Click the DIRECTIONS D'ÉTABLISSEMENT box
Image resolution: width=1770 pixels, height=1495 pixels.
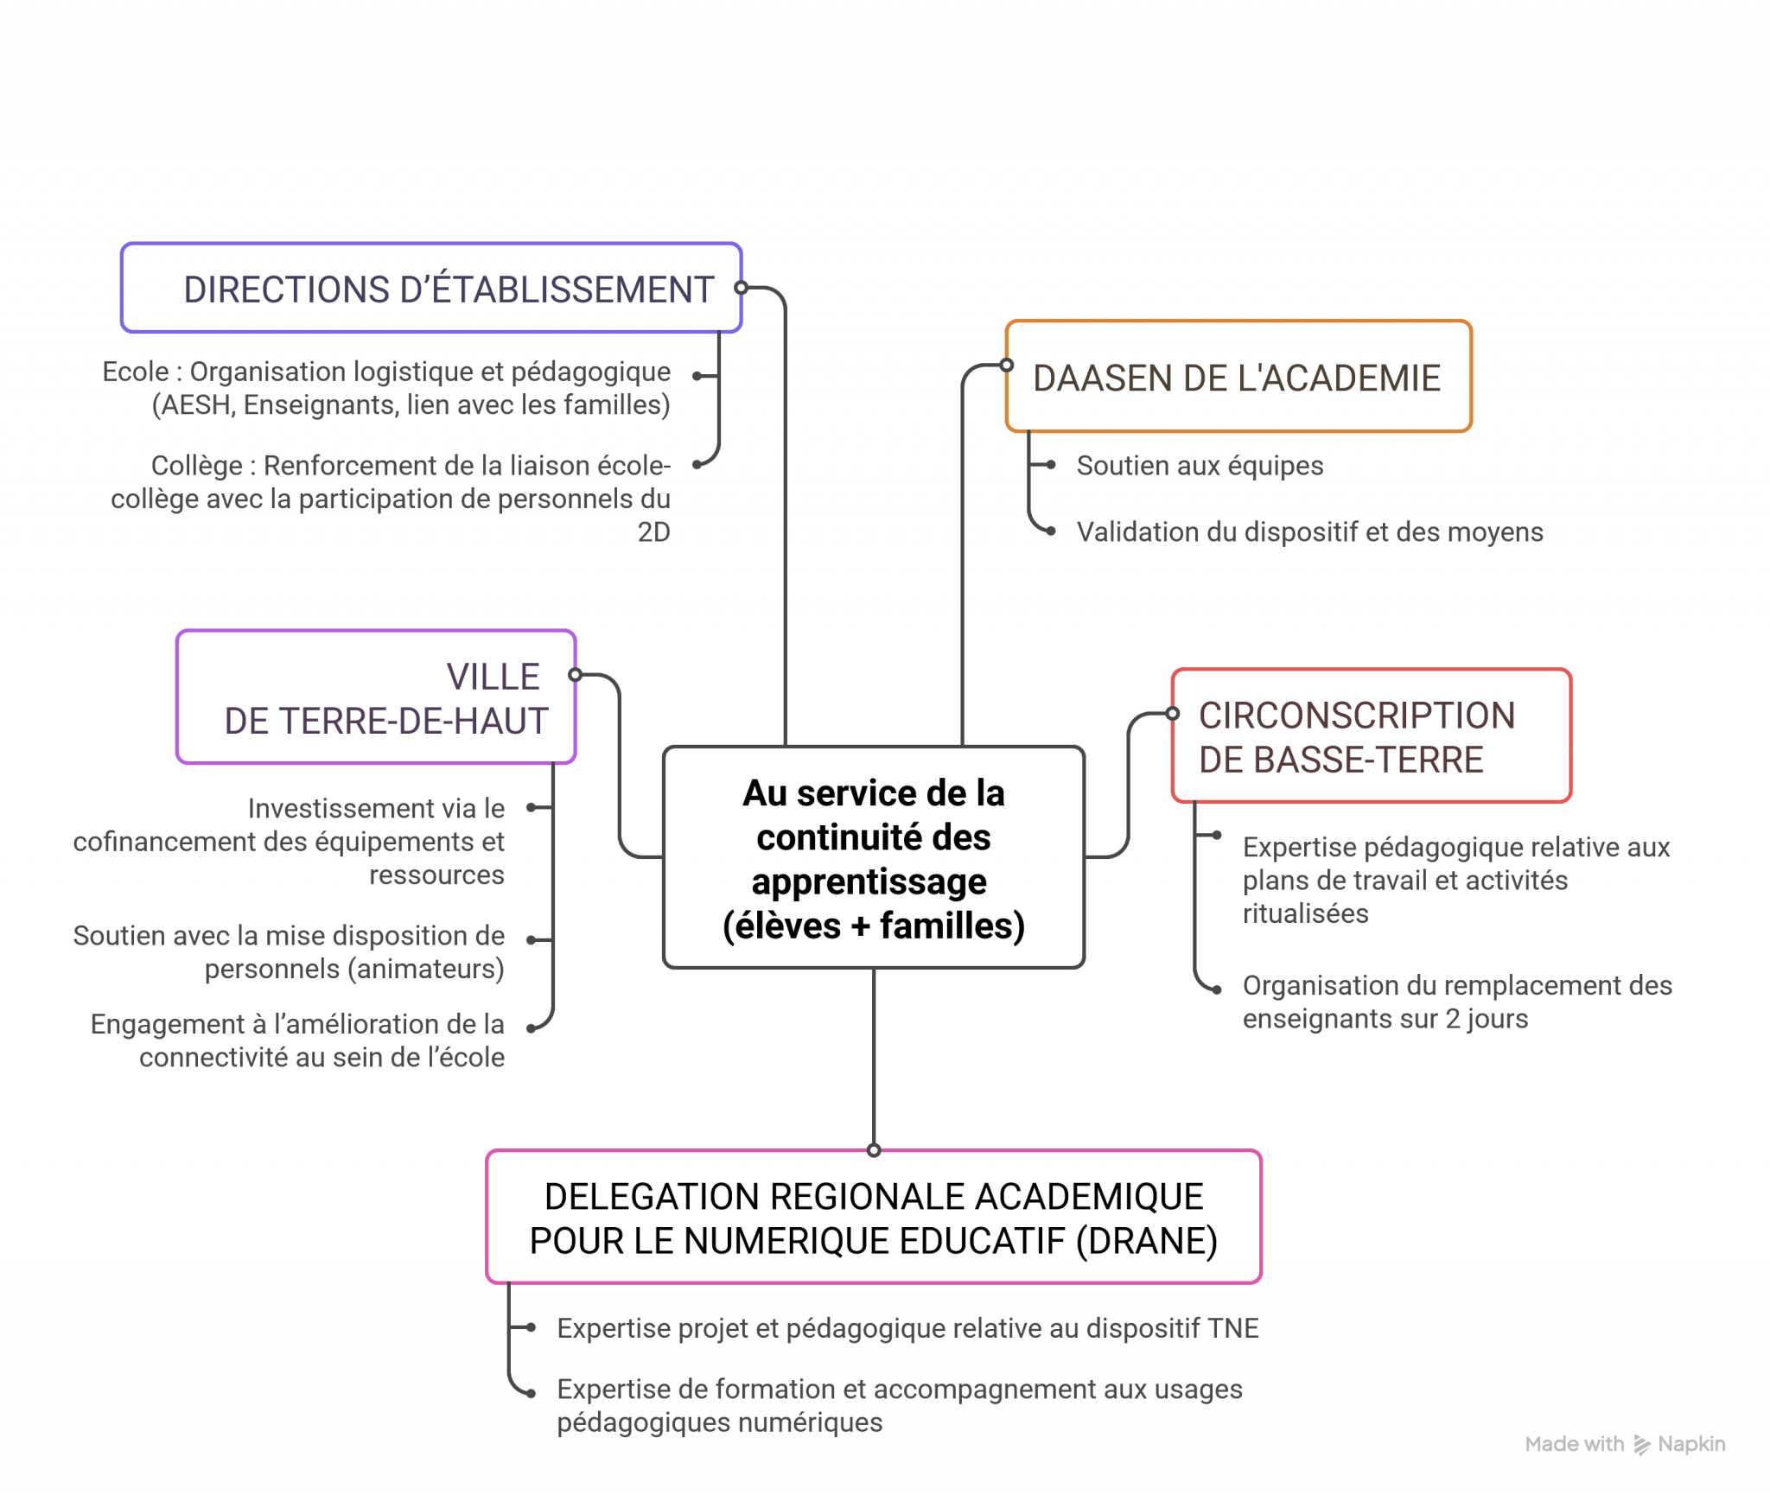pos(430,288)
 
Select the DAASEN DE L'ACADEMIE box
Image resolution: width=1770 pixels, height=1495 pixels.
pos(1238,377)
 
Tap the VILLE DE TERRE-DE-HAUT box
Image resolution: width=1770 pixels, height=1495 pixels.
pos(376,697)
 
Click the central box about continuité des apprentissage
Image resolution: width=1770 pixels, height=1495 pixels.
pos(873,857)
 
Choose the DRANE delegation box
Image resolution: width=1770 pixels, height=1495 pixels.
pos(873,1217)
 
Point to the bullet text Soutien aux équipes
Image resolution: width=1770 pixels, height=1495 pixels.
pos(1200,466)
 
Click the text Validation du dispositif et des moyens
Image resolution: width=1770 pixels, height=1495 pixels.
pos(1309,532)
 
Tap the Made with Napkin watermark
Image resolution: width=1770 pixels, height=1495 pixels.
pos(1624,1444)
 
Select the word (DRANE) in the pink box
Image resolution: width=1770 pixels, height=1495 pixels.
pos(1146,1241)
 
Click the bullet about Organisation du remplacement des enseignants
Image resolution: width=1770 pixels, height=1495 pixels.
pos(1456,1002)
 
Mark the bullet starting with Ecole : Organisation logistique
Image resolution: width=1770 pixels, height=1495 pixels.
pos(386,388)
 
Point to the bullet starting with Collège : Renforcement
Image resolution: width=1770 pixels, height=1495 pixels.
pos(391,499)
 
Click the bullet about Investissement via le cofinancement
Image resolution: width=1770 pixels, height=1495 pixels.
pos(290,841)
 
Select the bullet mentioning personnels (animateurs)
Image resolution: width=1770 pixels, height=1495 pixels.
pos(290,951)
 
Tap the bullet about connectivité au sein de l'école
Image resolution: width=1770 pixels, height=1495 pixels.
pos(298,1040)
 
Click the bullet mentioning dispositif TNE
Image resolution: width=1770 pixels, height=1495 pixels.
pos(907,1328)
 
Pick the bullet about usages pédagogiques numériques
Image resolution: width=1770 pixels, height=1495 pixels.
pos(899,1405)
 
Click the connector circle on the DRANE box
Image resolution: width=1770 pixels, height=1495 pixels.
pos(874,1150)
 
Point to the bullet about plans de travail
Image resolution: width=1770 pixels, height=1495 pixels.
pos(1456,880)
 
